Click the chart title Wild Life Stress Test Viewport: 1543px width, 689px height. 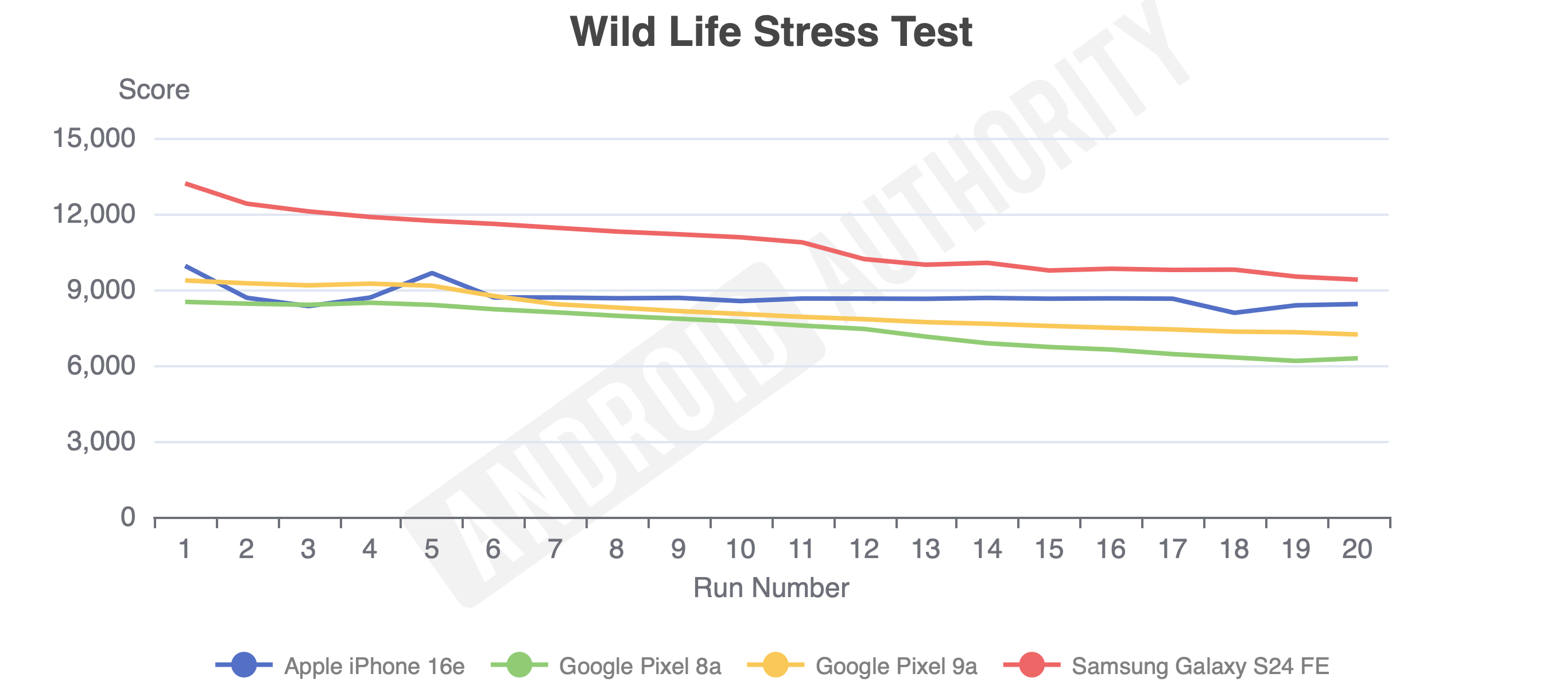tap(771, 32)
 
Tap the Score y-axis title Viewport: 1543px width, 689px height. tap(154, 90)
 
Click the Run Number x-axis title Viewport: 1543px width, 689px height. tap(771, 588)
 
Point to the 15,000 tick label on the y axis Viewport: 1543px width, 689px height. tap(94, 138)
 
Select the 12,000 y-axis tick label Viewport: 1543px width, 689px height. tap(94, 214)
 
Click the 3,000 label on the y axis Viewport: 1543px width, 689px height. tap(100, 442)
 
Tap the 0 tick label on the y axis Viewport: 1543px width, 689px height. tap(127, 517)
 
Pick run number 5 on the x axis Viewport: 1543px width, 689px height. tap(431, 549)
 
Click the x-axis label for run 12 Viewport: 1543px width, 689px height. tap(864, 549)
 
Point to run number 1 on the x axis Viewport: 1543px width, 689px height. tap(185, 549)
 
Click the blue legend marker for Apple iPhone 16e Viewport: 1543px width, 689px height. tap(244, 665)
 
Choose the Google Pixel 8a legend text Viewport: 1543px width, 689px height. tap(639, 666)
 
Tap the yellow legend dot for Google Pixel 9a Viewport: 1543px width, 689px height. tap(776, 665)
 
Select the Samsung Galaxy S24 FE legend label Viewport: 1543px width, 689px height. tap(1200, 666)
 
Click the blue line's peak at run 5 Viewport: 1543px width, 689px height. tap(432, 273)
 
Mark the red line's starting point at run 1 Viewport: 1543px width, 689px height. tap(187, 183)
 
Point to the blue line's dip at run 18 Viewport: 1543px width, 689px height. tap(1235, 313)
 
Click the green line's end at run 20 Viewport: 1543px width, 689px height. tap(1356, 358)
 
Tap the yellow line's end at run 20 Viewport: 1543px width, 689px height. tap(1356, 334)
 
